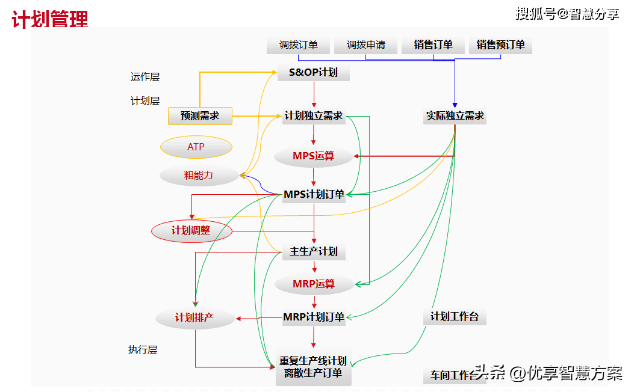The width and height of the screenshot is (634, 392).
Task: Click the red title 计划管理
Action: [50, 19]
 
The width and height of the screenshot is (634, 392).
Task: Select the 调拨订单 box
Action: [299, 45]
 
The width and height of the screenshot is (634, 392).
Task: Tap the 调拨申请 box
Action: [366, 45]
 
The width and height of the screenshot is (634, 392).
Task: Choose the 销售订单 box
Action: [434, 45]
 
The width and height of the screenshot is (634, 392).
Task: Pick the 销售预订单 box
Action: [500, 45]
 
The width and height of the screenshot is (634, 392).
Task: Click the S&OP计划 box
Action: [314, 73]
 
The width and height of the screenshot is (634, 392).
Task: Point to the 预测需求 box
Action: [200, 116]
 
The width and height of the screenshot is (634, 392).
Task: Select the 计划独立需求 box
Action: [314, 116]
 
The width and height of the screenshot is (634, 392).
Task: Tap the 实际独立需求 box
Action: [455, 116]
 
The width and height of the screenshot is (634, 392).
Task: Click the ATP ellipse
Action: [196, 147]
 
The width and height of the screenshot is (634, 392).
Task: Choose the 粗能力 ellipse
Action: [199, 176]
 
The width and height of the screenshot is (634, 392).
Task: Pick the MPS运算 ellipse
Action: [313, 156]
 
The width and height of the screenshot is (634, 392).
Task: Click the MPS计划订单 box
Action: [314, 194]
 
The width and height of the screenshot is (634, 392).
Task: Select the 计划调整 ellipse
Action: [191, 231]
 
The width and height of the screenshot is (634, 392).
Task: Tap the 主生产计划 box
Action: [314, 251]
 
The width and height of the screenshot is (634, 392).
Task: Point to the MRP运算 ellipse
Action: [313, 284]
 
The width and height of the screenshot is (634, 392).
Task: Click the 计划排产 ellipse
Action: [194, 318]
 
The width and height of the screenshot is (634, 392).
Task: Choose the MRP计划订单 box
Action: [314, 317]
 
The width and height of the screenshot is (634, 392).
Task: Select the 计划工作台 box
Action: [455, 317]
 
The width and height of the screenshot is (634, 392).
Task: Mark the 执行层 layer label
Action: [143, 350]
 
